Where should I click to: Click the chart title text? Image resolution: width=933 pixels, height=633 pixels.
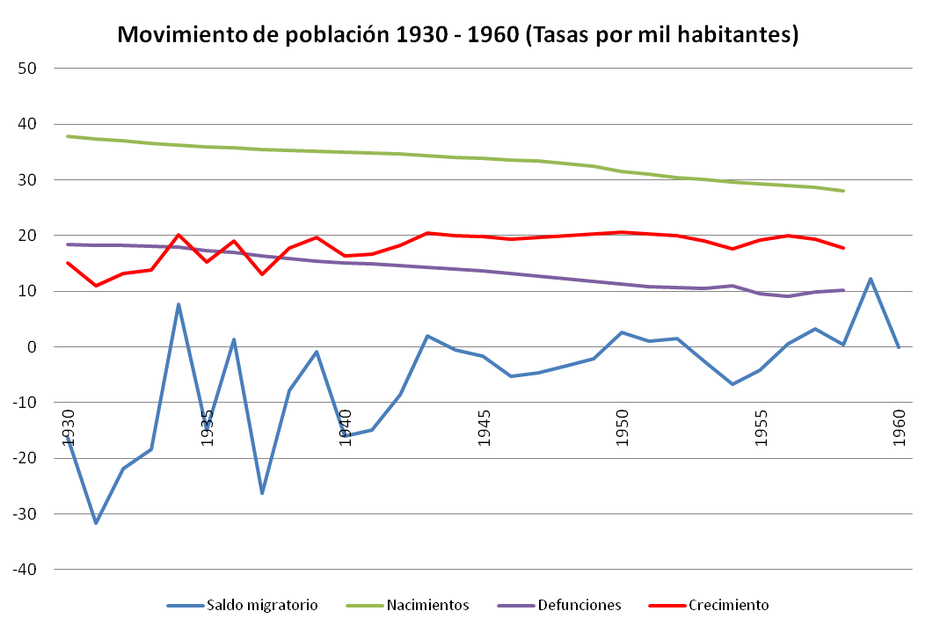(x=457, y=35)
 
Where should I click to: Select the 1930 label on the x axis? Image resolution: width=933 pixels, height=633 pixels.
(x=69, y=427)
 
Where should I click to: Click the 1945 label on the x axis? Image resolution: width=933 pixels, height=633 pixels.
(x=484, y=427)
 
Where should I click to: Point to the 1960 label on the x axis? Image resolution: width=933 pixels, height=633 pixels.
(x=899, y=427)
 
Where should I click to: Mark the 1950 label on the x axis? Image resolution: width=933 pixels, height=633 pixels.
(x=622, y=427)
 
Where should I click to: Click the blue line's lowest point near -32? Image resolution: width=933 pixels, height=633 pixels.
(x=96, y=523)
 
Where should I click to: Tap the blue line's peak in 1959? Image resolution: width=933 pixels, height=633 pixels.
(x=871, y=279)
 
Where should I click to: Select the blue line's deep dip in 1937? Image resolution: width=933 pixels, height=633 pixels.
(x=262, y=493)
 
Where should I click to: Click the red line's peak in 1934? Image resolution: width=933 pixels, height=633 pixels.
(x=179, y=235)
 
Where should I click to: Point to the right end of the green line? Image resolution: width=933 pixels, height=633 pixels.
(x=843, y=191)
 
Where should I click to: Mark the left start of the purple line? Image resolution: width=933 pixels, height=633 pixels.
(x=69, y=244)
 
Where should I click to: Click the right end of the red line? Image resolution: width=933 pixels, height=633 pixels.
(x=843, y=248)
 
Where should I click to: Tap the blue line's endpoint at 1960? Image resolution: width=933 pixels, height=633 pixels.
(x=898, y=347)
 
